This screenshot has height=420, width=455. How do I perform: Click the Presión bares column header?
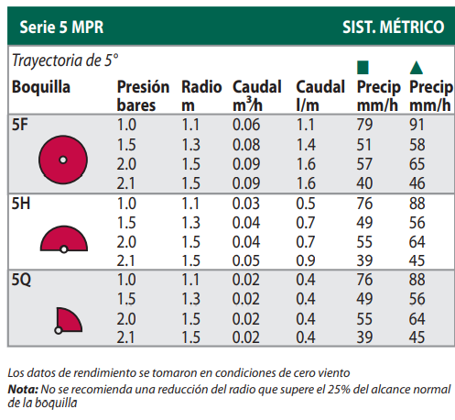pos(143,95)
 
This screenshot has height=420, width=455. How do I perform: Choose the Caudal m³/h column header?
pos(258,95)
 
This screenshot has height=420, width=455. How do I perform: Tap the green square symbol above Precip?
pos(363,68)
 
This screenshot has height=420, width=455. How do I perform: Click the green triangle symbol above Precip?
pos(417,68)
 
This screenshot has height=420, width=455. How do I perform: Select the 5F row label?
pos(19,124)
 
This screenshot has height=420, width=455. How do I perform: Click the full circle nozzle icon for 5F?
pos(63,159)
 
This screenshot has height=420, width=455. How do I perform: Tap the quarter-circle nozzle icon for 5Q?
pos(66,320)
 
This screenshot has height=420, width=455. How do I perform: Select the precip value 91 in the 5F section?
pos(419,124)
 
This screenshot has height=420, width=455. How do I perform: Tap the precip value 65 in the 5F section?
pos(419,164)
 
